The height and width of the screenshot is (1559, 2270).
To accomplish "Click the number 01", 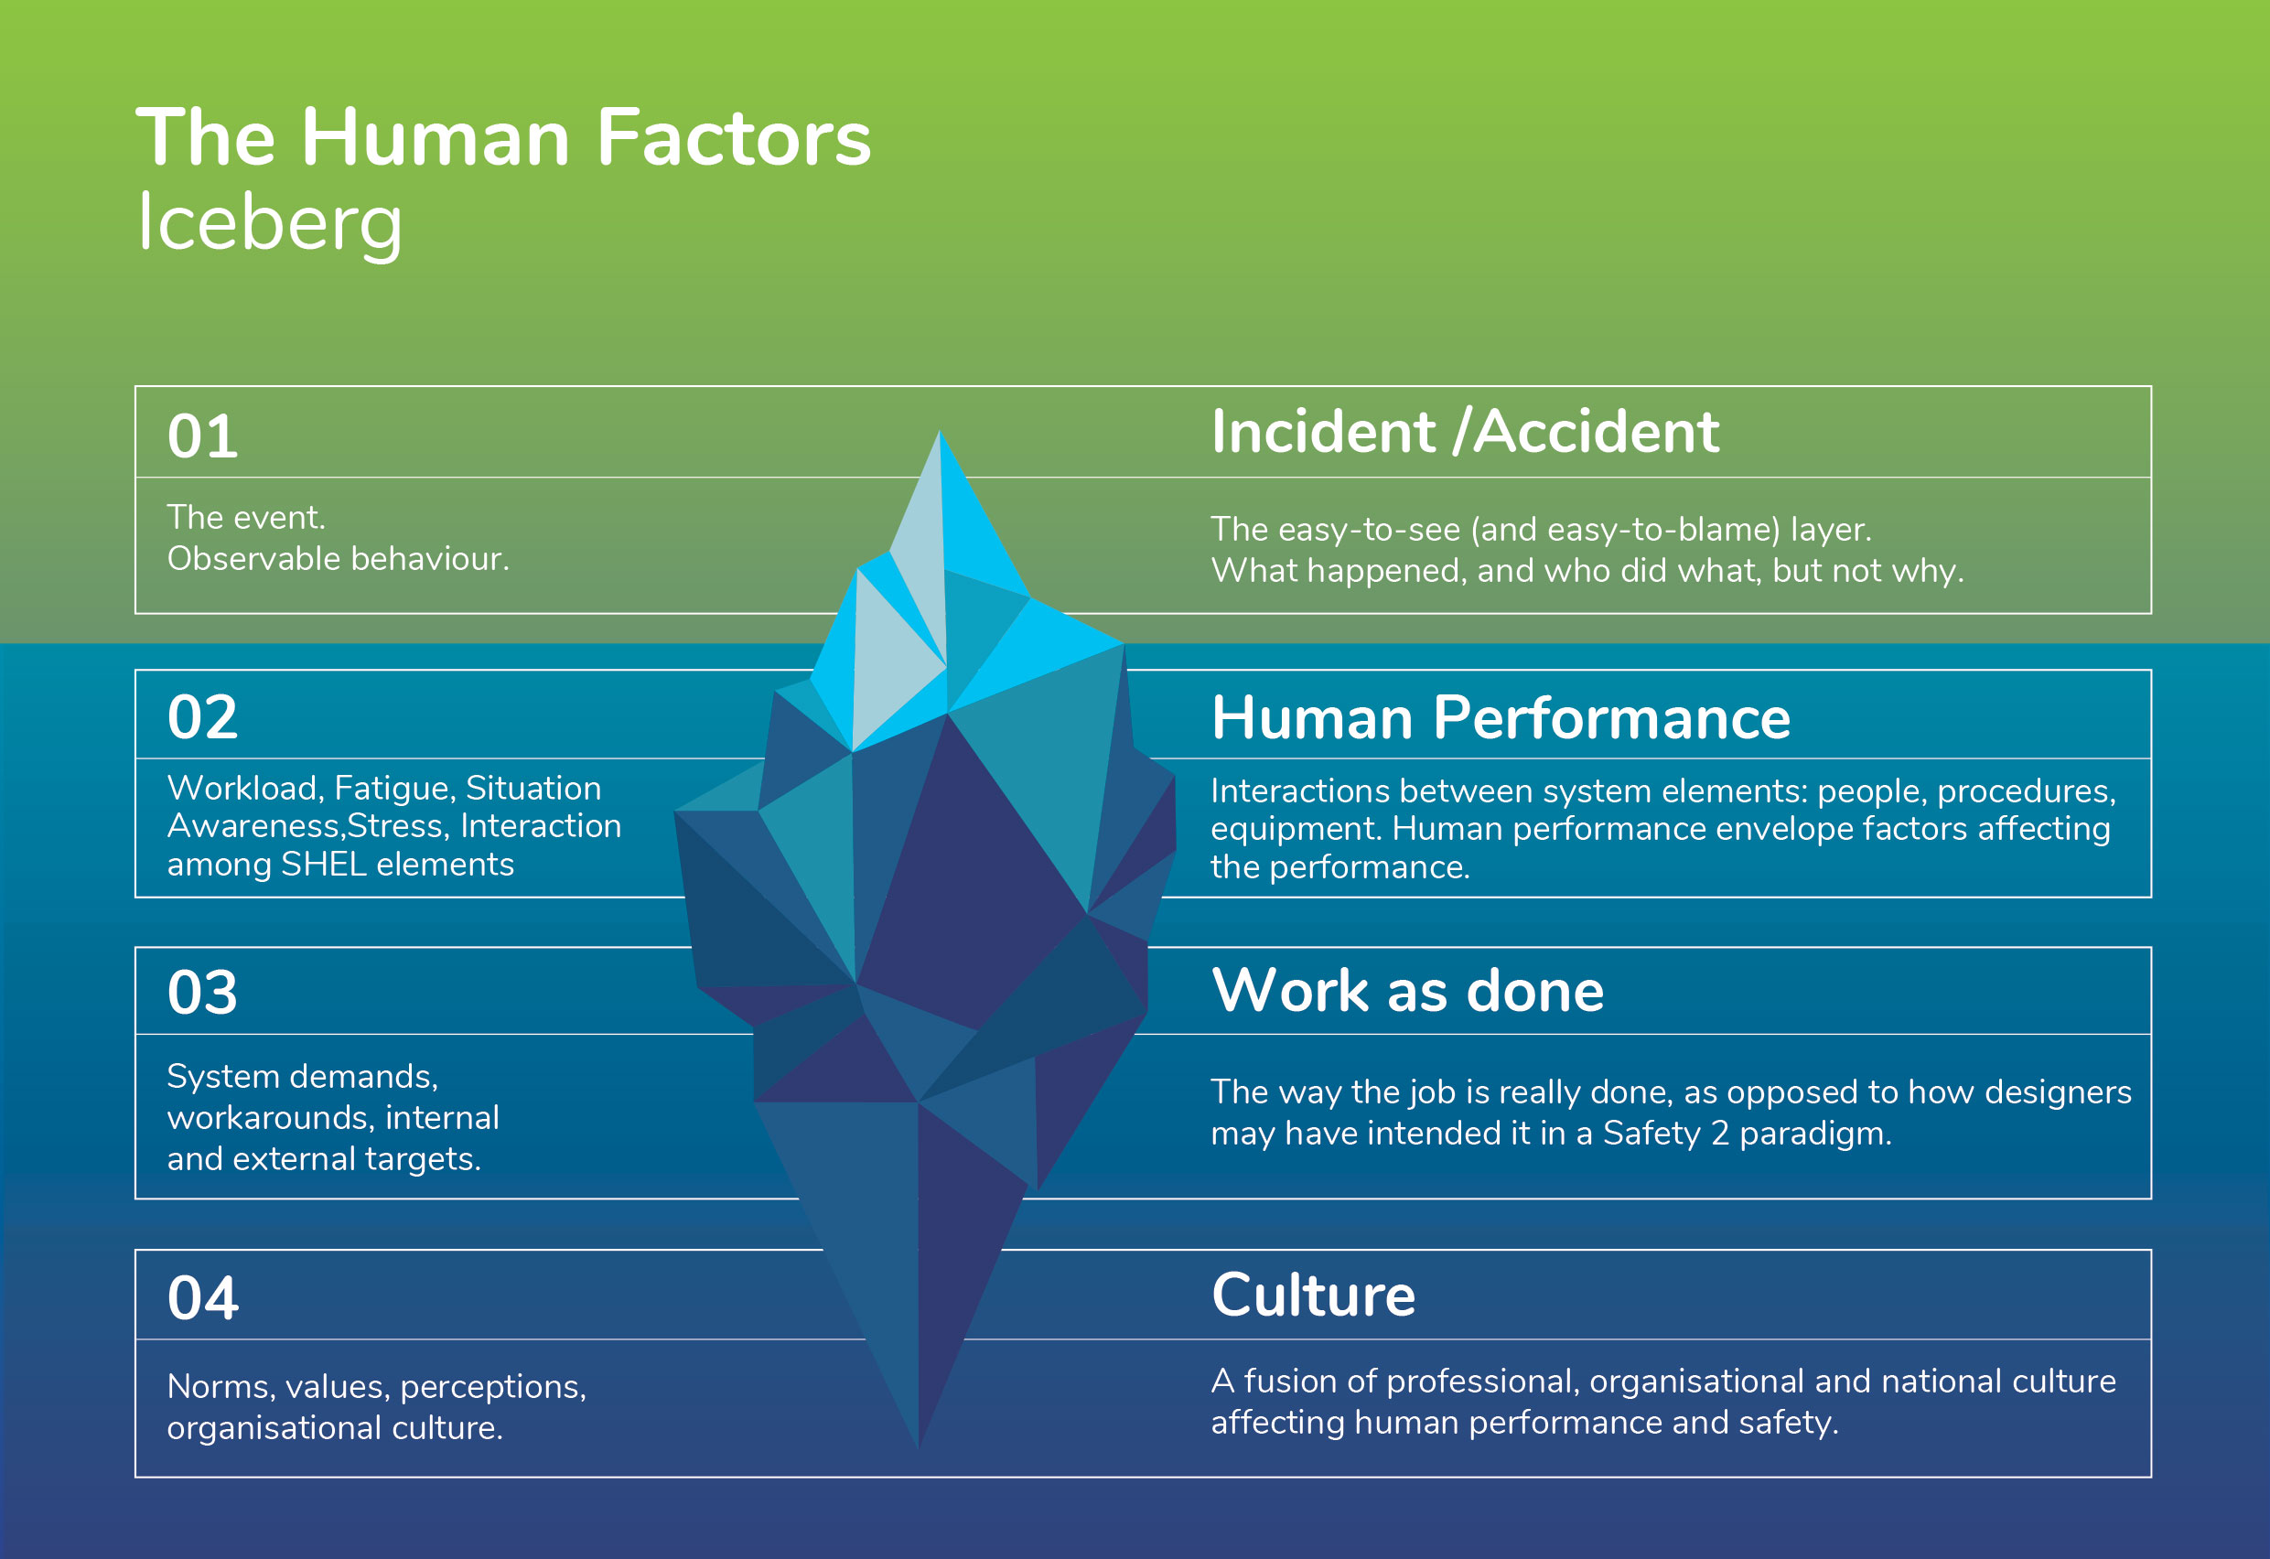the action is tap(202, 435).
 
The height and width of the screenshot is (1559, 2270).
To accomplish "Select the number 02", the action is tap(202, 717).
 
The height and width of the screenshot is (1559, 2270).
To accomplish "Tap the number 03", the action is tap(202, 993).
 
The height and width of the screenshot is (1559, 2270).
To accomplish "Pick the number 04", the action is tap(202, 1298).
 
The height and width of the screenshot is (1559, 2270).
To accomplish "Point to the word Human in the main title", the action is tap(436, 138).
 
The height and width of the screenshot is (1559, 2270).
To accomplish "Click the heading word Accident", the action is tap(1596, 432).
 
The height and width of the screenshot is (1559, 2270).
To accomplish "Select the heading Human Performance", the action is tap(1501, 718).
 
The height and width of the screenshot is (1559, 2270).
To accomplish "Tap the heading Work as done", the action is tap(1407, 991).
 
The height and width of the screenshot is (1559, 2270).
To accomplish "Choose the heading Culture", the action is tap(1314, 1296).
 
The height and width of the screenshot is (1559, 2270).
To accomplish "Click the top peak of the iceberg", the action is tap(940, 431).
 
